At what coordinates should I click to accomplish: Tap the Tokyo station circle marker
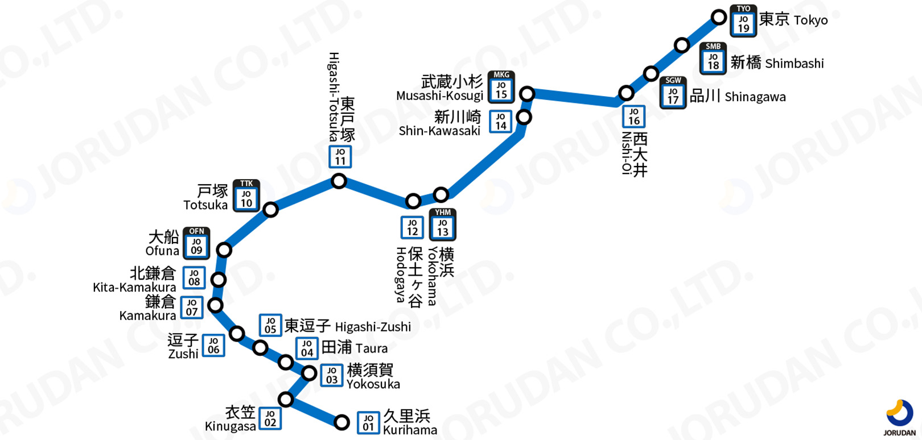[719, 17]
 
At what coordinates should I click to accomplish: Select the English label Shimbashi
[795, 64]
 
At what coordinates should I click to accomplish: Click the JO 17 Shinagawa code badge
[673, 96]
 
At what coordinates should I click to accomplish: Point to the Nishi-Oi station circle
[626, 93]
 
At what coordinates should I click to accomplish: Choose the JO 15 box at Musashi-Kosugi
[501, 90]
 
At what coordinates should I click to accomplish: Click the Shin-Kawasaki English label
[439, 131]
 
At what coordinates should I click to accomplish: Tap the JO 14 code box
[501, 121]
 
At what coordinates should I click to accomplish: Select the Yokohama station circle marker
[441, 195]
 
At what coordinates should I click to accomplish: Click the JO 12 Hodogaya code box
[412, 227]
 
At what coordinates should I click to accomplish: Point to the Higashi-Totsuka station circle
[339, 181]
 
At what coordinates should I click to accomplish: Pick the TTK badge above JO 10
[246, 184]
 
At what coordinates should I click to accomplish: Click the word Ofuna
[162, 251]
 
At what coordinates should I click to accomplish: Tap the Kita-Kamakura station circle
[219, 280]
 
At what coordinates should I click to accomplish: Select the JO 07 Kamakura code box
[192, 308]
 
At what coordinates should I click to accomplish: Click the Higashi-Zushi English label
[373, 327]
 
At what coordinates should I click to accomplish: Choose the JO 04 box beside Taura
[307, 348]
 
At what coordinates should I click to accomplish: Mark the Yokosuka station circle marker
[309, 373]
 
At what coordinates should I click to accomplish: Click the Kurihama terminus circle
[341, 422]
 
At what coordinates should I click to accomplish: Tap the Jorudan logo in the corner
[900, 417]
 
